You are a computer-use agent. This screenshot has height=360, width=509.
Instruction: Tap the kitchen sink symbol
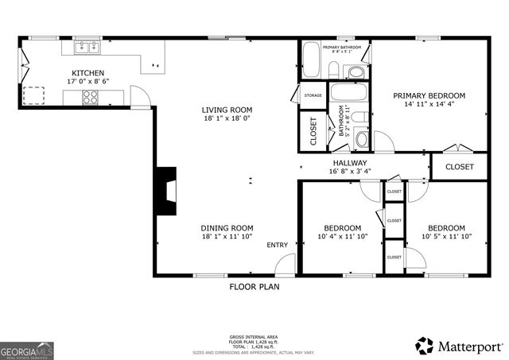87,48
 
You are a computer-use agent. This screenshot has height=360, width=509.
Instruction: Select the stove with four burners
91,97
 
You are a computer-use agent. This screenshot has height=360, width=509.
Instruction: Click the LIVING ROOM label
227,110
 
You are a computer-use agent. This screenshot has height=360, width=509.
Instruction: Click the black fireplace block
165,191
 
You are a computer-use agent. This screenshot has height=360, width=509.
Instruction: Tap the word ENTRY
278,245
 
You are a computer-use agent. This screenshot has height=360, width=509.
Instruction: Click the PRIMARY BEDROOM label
429,95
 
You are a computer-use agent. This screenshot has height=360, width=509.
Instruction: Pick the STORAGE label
313,95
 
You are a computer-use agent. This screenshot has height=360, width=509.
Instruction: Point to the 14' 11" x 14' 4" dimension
429,103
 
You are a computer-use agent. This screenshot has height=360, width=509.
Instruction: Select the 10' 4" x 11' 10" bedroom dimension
342,236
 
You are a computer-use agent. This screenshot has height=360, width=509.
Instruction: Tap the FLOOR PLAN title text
253,286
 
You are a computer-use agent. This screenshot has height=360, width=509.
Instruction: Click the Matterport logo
460,346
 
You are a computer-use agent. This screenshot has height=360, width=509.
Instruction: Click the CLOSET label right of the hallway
459,167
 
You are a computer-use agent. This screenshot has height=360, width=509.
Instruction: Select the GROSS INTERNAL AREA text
253,337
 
